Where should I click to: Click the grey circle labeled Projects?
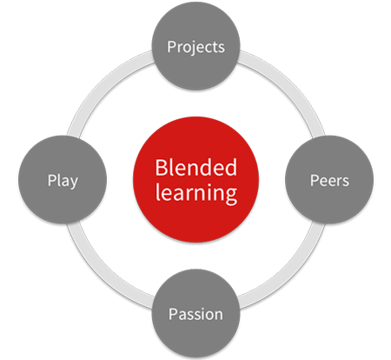point(196,46)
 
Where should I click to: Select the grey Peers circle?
point(329,180)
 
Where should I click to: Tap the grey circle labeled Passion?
point(196,313)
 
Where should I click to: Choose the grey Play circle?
point(63,180)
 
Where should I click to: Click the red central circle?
point(196,179)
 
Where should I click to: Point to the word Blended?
point(196,168)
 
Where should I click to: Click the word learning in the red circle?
point(196,193)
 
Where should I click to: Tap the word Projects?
point(196,47)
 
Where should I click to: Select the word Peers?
point(329,180)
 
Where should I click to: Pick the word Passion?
point(196,314)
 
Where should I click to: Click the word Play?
point(63,181)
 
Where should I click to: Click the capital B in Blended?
point(162,168)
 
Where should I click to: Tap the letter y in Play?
point(74,183)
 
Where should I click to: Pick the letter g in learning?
point(231,196)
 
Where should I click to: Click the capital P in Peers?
point(315,180)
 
